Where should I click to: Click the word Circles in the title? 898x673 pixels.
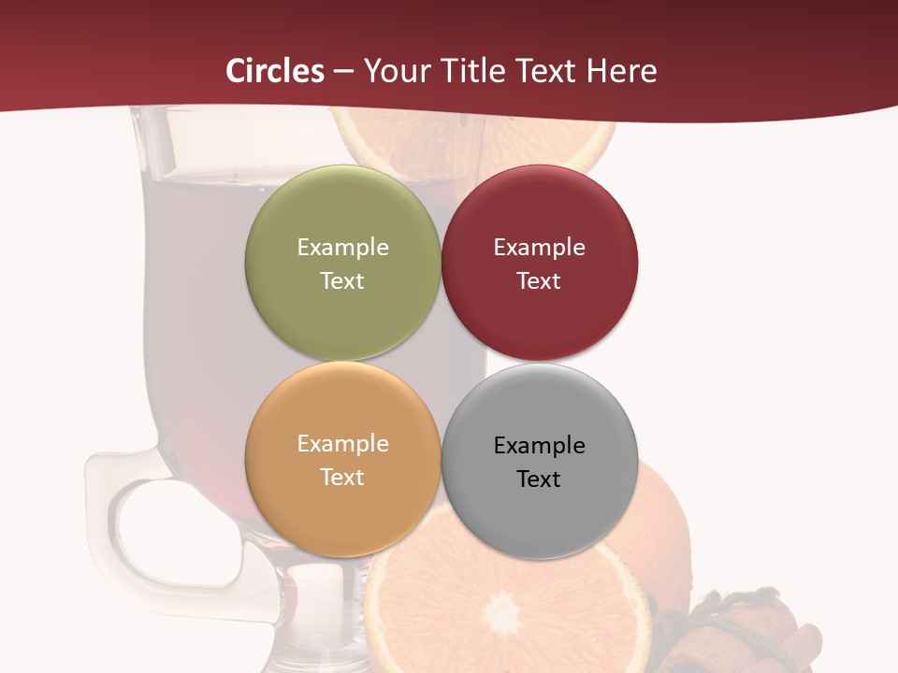click(275, 71)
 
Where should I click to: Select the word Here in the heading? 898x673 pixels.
click(621, 71)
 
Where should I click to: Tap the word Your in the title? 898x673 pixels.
click(397, 71)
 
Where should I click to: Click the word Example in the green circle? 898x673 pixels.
click(342, 247)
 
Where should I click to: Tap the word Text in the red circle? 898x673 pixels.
click(539, 280)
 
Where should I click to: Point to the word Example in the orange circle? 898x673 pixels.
click(342, 443)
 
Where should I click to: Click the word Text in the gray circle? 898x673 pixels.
click(539, 479)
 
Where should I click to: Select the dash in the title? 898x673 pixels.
click(343, 72)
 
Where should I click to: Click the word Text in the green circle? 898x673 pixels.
click(342, 280)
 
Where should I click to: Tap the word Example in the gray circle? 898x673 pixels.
click(539, 445)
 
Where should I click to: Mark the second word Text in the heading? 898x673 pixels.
click(546, 71)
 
